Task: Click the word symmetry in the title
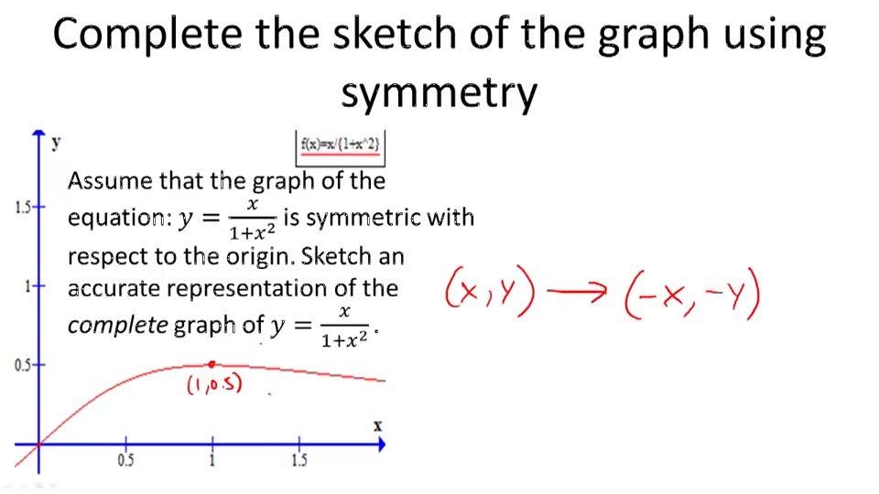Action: [x=439, y=92]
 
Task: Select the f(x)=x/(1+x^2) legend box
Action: [x=340, y=144]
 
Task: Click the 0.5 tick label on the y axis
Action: [x=23, y=365]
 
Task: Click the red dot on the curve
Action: [x=212, y=364]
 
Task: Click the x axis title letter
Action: [x=377, y=425]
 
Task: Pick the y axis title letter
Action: [x=57, y=142]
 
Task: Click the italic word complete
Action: [x=117, y=326]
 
